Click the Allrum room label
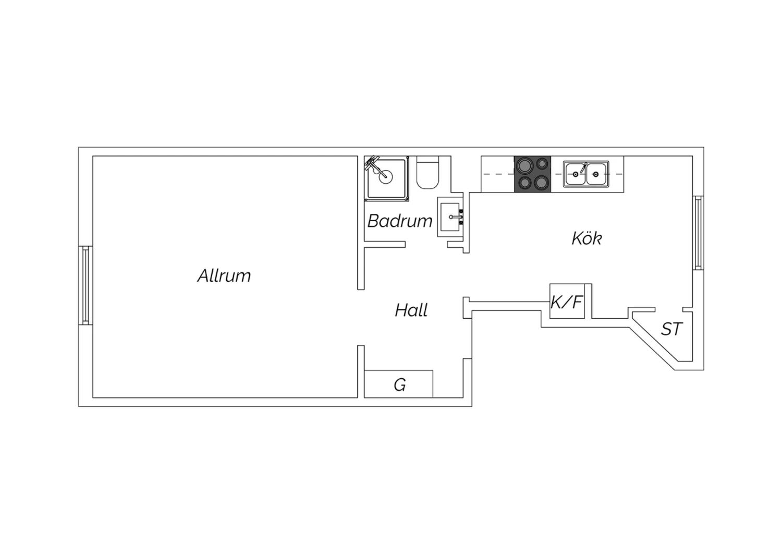(224, 275)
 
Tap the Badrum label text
(400, 221)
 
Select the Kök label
(586, 238)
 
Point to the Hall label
(411, 310)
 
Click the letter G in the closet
(400, 385)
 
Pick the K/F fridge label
(567, 302)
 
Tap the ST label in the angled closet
(671, 329)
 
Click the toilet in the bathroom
(427, 173)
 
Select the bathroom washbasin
(450, 217)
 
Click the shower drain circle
(385, 177)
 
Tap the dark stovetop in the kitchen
(532, 174)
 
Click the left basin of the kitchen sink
(576, 174)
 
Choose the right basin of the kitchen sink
(596, 174)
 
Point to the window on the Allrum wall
(85, 285)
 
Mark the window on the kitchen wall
(698, 233)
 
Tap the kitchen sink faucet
(583, 168)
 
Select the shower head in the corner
(372, 163)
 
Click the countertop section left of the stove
(497, 174)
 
